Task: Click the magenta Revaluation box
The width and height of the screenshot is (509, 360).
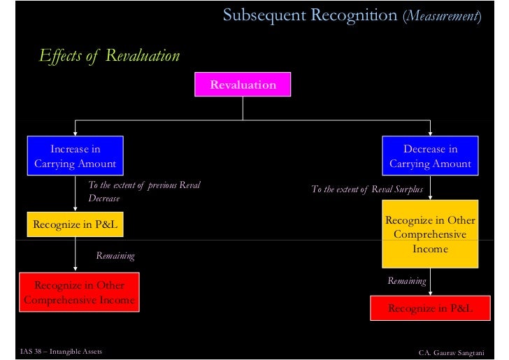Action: [x=243, y=85]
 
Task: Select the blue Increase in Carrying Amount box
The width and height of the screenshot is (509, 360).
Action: [x=75, y=156]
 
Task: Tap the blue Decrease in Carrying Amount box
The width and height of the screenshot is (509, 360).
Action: [x=430, y=156]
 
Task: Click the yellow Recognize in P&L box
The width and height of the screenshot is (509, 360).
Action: [x=75, y=224]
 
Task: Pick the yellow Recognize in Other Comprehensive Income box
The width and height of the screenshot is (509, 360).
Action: [x=430, y=233]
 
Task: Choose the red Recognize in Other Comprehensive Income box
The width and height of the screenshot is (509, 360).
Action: [x=79, y=292]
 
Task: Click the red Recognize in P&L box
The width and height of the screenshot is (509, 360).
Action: [x=430, y=308]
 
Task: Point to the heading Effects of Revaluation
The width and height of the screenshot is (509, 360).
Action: [x=109, y=56]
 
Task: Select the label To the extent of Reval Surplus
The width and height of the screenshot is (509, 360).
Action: [x=367, y=189]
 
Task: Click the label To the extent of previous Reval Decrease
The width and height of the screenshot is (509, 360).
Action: [x=144, y=192]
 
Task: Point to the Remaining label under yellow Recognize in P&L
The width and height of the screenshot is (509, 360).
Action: [x=115, y=256]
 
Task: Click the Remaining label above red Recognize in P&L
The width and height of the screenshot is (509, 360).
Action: [x=407, y=280]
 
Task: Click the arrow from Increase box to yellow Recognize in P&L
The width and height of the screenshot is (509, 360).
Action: [x=75, y=194]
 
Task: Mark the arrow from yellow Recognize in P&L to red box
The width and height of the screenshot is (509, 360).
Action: [x=75, y=254]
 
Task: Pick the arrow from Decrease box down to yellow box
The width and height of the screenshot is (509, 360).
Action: [x=430, y=187]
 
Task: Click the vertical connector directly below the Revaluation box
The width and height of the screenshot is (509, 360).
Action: [x=243, y=108]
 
